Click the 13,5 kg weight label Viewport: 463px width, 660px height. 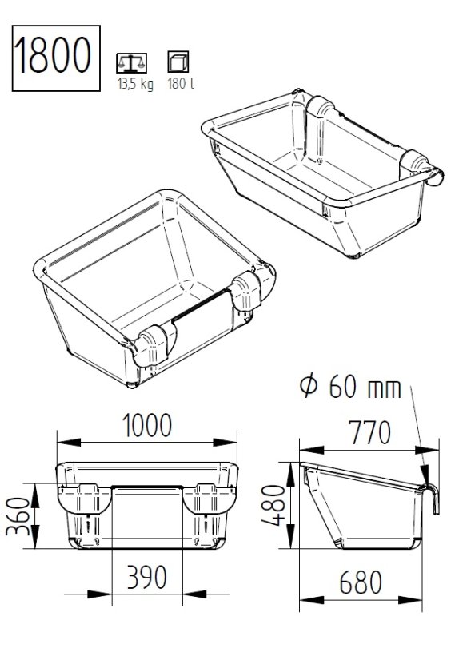134,84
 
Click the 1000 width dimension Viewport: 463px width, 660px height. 146,425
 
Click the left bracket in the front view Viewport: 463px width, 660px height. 83,499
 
